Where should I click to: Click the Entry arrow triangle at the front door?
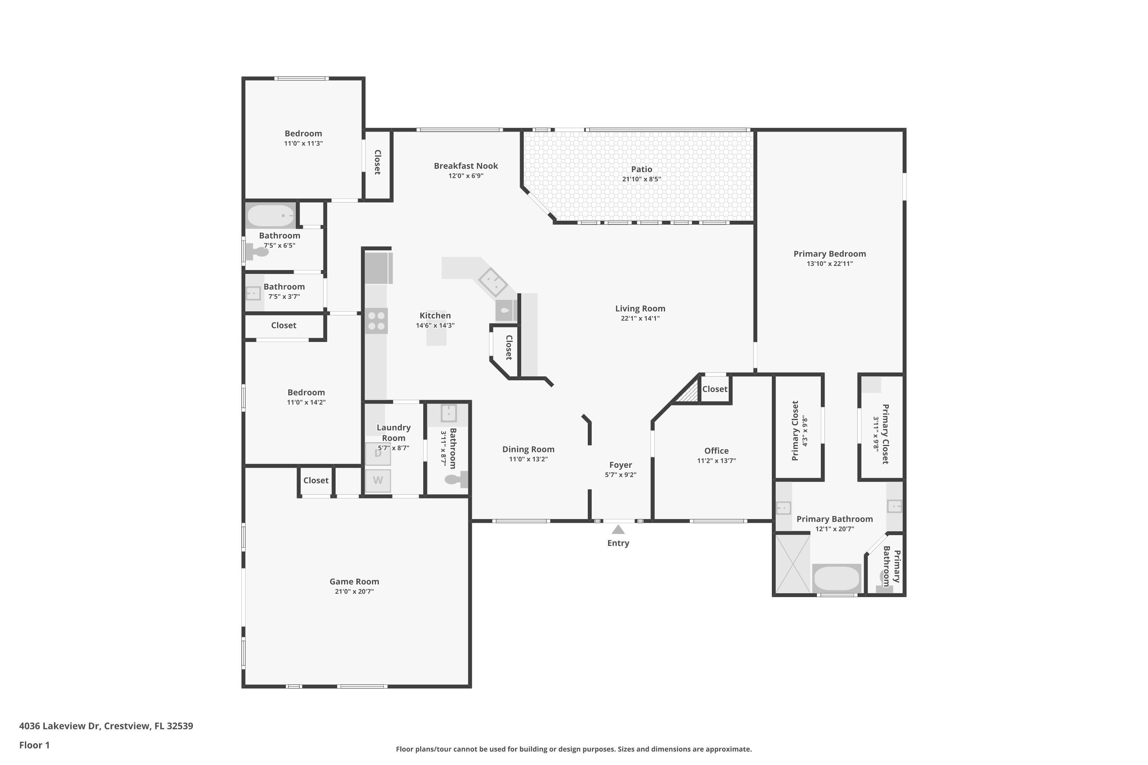618,529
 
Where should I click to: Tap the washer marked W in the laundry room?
378,480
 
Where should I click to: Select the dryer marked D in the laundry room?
378,454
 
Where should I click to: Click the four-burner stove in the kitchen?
376,321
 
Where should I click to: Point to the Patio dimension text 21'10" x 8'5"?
641,179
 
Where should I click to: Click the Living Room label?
640,308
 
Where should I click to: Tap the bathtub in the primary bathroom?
836,579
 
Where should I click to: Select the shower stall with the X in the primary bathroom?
793,563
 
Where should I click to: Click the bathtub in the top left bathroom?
271,215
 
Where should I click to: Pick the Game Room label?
354,581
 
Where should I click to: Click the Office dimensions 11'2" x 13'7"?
716,461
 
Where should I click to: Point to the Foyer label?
620,465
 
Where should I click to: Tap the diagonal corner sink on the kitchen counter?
493,282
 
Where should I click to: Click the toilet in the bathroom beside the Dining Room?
456,479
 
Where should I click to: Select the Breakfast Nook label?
466,166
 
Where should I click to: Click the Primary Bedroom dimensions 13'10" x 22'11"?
829,264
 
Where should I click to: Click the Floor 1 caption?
34,745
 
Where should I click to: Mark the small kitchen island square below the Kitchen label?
436,337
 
